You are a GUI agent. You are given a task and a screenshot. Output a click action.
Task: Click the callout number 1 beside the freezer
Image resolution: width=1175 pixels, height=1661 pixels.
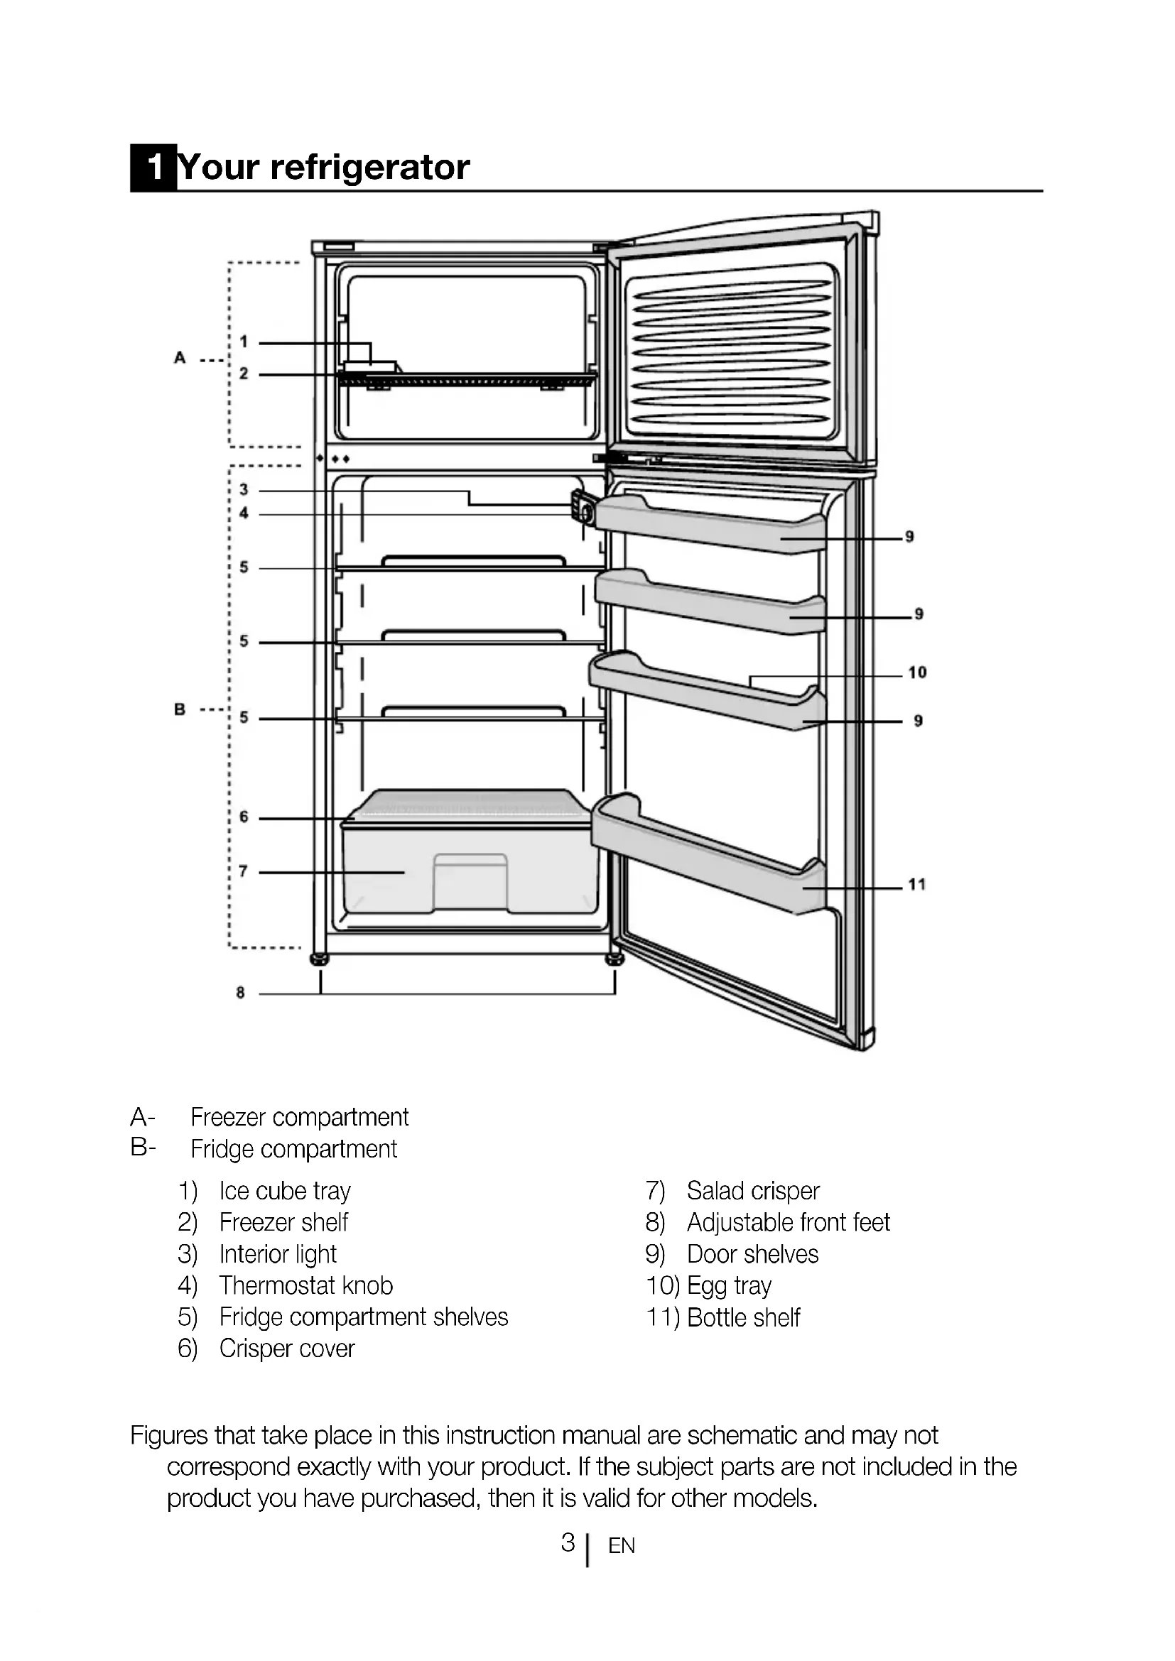[244, 342]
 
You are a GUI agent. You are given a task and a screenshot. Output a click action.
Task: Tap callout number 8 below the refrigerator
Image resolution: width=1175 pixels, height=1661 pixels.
[240, 993]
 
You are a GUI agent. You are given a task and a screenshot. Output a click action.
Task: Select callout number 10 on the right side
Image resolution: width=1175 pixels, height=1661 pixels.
[916, 672]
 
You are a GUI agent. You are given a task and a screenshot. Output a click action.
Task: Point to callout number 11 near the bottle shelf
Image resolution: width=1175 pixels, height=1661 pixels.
[916, 884]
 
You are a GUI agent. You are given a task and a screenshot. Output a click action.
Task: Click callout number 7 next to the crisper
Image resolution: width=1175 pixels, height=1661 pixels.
[244, 872]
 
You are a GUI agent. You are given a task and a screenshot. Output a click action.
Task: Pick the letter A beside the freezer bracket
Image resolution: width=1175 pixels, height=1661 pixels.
[180, 357]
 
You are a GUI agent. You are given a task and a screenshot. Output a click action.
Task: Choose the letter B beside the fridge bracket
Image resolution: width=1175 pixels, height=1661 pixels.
[180, 709]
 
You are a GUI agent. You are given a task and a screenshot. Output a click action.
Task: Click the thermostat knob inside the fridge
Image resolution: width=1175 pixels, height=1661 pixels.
[585, 512]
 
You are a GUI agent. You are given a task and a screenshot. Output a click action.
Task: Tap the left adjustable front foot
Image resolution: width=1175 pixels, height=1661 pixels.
[319, 960]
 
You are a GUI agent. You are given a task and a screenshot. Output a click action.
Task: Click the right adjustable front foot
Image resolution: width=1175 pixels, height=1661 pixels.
[615, 960]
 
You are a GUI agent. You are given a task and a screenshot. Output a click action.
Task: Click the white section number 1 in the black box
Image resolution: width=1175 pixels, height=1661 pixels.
[154, 168]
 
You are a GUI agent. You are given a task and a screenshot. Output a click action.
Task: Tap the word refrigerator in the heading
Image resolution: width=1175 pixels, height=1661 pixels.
[369, 168]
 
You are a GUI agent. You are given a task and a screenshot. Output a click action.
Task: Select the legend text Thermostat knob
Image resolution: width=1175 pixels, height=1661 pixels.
[306, 1285]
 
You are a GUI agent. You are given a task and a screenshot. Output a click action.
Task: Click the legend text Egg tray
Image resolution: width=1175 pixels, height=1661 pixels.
[729, 1285]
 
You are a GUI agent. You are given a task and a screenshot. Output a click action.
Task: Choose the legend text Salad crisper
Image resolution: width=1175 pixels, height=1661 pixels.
[752, 1191]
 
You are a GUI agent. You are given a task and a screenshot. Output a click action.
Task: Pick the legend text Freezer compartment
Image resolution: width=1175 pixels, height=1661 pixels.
[300, 1117]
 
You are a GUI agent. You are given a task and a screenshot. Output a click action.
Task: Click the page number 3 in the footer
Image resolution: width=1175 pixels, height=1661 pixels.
[568, 1542]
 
